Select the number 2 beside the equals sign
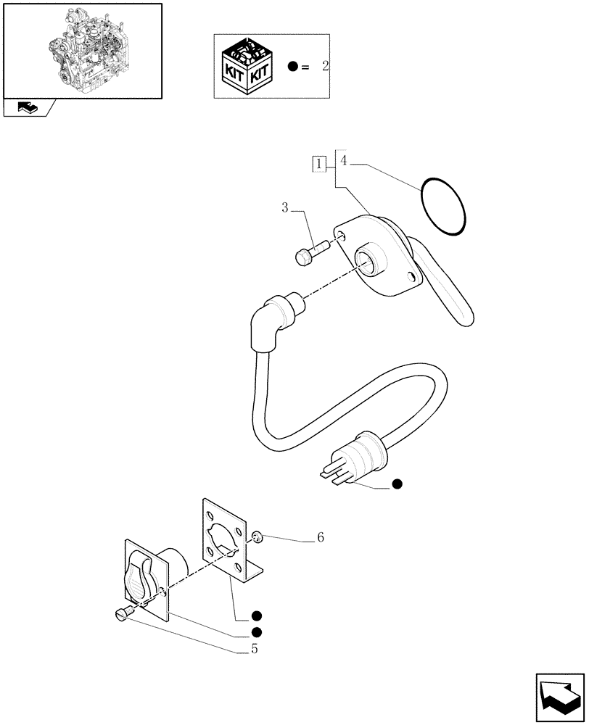pyautogui.click(x=325, y=66)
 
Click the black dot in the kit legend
pyautogui.click(x=292, y=67)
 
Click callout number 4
pyautogui.click(x=345, y=160)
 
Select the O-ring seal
pyautogui.click(x=442, y=206)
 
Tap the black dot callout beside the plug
pyautogui.click(x=395, y=484)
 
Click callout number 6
pyautogui.click(x=319, y=538)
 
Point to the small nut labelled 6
pyautogui.click(x=257, y=537)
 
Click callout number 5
pyautogui.click(x=254, y=649)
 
